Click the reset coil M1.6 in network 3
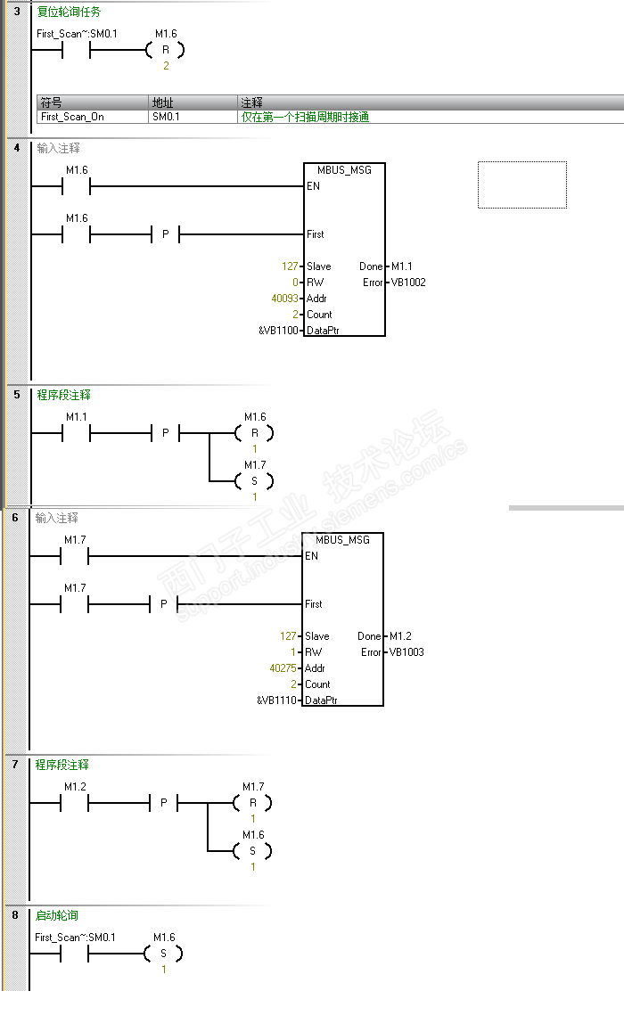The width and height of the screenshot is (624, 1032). click(x=166, y=50)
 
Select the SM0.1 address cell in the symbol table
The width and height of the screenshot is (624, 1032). click(x=166, y=117)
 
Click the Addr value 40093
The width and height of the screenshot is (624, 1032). click(x=285, y=299)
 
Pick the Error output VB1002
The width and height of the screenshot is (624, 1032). click(x=407, y=283)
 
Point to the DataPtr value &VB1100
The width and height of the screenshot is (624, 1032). click(x=278, y=331)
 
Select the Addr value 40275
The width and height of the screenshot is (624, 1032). click(x=284, y=668)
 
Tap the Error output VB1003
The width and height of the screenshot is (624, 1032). click(x=406, y=652)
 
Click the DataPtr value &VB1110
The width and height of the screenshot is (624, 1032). click(x=277, y=700)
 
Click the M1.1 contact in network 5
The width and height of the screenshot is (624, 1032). click(x=77, y=433)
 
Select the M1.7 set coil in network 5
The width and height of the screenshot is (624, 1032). click(x=255, y=481)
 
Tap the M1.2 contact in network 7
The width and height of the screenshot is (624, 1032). click(x=75, y=803)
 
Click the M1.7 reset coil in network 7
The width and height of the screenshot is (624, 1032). click(x=253, y=803)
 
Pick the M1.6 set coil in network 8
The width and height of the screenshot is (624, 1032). click(x=163, y=954)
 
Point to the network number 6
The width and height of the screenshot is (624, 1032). click(x=15, y=518)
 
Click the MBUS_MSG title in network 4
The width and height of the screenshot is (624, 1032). click(x=344, y=170)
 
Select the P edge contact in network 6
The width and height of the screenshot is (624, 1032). click(x=163, y=604)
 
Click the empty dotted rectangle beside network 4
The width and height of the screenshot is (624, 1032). click(x=521, y=184)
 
